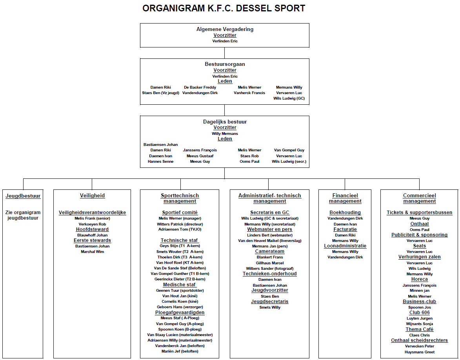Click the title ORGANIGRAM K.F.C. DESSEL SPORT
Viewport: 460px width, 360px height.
click(x=224, y=8)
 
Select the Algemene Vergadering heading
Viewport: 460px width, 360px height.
click(x=225, y=29)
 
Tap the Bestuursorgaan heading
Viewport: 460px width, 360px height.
click(x=225, y=64)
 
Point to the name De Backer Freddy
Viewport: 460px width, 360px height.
click(x=200, y=87)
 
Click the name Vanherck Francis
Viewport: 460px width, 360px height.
click(x=249, y=93)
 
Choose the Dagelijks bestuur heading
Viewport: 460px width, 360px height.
click(x=225, y=122)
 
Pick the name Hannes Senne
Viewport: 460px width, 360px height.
click(x=160, y=162)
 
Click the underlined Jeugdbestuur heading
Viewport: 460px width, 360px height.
click(x=23, y=196)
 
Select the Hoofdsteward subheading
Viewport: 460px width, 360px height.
click(x=92, y=229)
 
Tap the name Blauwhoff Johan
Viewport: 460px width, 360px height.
click(x=92, y=235)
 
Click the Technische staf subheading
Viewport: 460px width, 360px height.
click(x=180, y=240)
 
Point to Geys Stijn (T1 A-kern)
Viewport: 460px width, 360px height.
click(x=180, y=246)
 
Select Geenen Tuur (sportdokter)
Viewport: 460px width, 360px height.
click(x=180, y=291)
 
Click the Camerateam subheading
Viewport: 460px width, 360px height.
click(x=270, y=251)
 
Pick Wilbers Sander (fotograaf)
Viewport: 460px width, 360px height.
click(x=270, y=269)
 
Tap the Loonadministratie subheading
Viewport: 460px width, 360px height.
click(x=345, y=246)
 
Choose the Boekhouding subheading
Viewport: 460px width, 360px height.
click(x=345, y=213)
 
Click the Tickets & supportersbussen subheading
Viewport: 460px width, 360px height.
click(x=419, y=213)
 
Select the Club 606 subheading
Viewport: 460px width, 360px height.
click(x=419, y=313)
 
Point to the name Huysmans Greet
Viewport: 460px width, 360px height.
click(x=419, y=352)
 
